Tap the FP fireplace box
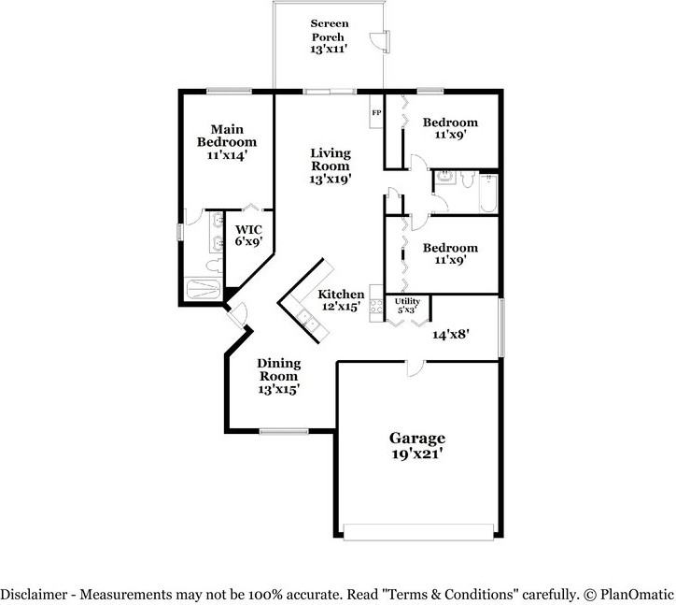pyautogui.click(x=376, y=114)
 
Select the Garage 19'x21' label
pyautogui.click(x=416, y=445)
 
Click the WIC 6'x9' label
pyautogui.click(x=248, y=235)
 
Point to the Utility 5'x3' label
pyautogui.click(x=408, y=305)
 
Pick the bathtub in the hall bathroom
pyautogui.click(x=486, y=192)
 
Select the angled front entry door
pyautogui.click(x=236, y=315)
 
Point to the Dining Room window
pyautogui.click(x=278, y=431)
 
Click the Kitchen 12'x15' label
pyautogui.click(x=342, y=300)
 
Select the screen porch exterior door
pyautogui.click(x=380, y=39)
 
